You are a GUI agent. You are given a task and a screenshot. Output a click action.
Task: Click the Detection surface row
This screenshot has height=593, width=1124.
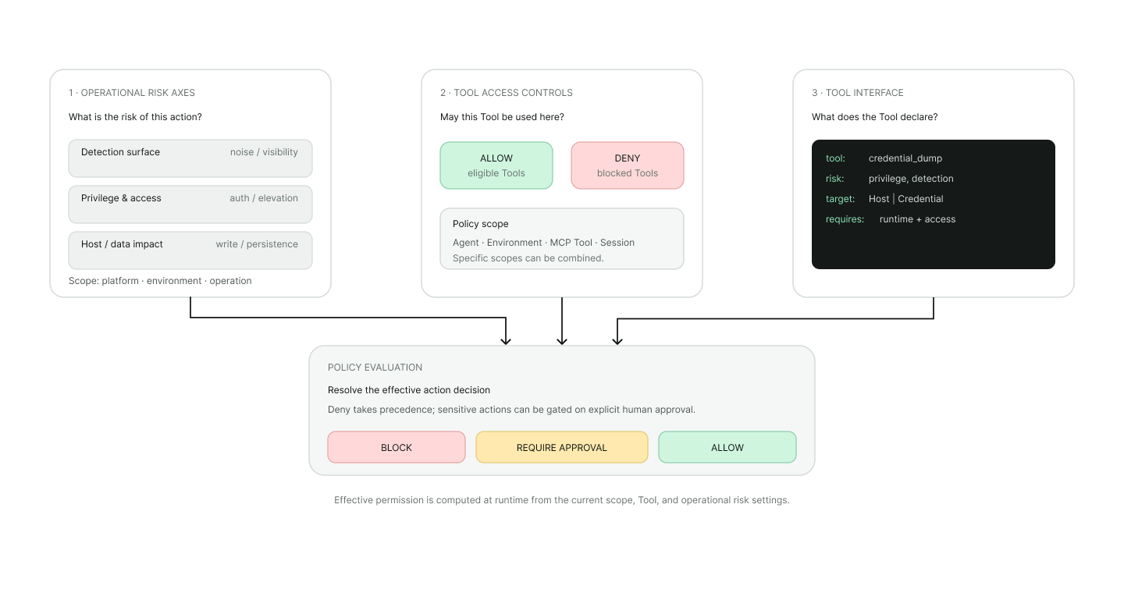pos(190,158)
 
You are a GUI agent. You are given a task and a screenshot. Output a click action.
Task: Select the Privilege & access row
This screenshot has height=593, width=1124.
pos(190,204)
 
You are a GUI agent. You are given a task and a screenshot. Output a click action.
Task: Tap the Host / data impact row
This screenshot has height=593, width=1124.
pos(190,250)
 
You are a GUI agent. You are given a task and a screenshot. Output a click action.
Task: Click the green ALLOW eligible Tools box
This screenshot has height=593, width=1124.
pos(496,165)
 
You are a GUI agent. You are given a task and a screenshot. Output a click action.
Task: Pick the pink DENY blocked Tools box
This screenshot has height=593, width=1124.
pos(628,165)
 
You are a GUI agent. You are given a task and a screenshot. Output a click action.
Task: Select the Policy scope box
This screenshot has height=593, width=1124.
pos(562,239)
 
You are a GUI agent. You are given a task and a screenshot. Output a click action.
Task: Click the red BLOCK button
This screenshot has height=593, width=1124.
pos(397,447)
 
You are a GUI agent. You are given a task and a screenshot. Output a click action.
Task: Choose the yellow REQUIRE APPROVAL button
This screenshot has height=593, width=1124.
pos(562,447)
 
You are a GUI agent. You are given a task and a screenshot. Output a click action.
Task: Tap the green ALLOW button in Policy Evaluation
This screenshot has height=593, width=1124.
pos(727,447)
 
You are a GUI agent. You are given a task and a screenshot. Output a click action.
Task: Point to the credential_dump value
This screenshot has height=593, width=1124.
pos(905,158)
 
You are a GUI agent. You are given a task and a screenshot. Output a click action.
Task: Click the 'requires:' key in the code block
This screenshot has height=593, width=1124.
pos(845,219)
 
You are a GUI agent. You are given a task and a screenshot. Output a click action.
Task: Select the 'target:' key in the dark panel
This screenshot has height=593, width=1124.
pos(841,199)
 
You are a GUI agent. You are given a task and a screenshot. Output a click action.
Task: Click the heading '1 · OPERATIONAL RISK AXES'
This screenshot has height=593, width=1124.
pos(132,93)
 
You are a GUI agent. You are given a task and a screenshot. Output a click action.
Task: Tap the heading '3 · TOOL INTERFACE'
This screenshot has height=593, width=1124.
pos(858,93)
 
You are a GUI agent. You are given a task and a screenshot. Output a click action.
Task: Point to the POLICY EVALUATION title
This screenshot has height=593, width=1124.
pos(375,368)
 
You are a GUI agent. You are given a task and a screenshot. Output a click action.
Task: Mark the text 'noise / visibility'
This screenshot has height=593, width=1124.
pos(264,152)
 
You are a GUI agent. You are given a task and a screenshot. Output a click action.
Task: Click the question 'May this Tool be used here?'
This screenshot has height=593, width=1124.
pos(502,117)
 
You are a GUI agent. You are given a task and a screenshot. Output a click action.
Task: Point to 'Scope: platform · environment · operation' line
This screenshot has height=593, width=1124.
pos(160,281)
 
